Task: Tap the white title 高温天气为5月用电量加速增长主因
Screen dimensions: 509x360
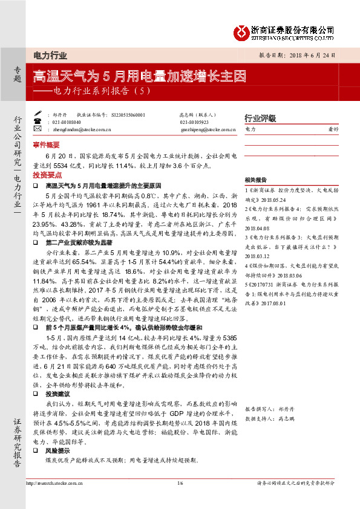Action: [x=139, y=76]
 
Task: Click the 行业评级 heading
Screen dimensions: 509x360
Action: [x=260, y=118]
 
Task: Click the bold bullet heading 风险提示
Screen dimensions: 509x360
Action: [x=56, y=450]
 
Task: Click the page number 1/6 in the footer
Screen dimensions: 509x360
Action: [x=180, y=483]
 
